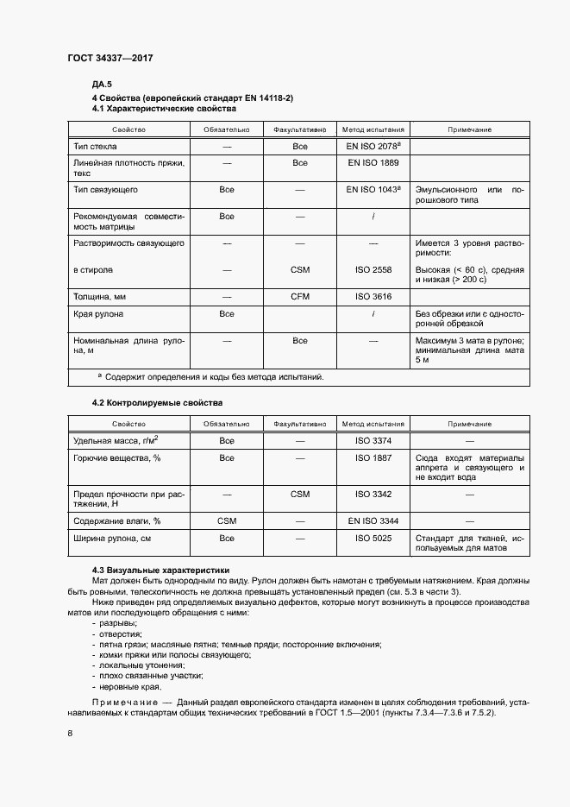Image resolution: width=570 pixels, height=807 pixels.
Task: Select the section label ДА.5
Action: tap(102, 85)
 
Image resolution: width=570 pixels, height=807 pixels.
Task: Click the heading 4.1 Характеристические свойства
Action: tap(164, 110)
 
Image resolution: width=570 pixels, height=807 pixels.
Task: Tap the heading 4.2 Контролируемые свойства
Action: tap(157, 403)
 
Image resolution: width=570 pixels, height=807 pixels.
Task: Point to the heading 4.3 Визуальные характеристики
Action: tap(161, 570)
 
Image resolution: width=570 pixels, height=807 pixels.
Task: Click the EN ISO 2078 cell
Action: tap(373, 147)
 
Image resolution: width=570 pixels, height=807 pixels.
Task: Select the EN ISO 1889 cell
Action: tap(373, 162)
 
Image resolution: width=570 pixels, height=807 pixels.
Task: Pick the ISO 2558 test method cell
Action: tap(373, 270)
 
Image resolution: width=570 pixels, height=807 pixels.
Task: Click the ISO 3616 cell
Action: tap(373, 296)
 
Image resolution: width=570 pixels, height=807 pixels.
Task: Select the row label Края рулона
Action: tap(98, 314)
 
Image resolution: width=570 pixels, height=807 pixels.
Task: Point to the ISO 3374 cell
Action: tap(373, 440)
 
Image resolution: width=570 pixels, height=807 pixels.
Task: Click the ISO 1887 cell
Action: tap(373, 457)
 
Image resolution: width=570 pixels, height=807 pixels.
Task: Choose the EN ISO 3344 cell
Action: tap(373, 521)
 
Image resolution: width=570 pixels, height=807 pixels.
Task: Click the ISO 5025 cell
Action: tap(373, 539)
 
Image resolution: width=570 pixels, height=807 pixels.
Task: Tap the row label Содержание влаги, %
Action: tap(117, 521)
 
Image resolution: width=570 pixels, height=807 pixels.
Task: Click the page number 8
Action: tap(70, 734)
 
